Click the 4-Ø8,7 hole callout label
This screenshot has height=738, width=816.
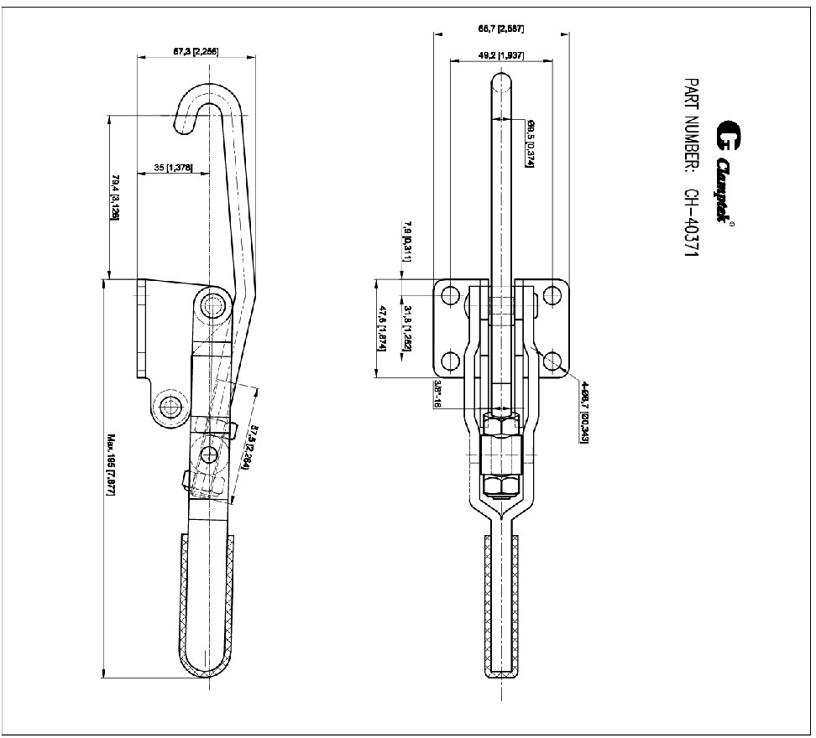583,410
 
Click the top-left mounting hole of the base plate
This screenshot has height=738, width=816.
450,296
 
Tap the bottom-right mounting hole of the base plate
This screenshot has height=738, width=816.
552,361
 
